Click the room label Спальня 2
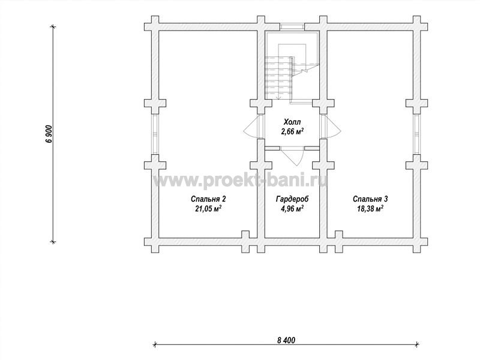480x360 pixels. tap(208, 199)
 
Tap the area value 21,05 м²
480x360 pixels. tap(208, 209)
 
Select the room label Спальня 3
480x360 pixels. tap(370, 199)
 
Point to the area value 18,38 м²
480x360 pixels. tap(370, 209)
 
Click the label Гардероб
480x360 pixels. tap(292, 199)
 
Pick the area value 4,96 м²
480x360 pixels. tap(292, 209)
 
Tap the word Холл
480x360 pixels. tap(292, 122)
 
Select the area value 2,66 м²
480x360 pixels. tap(292, 132)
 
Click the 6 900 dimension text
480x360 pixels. tap(50, 134)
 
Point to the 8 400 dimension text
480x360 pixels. tap(286, 340)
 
